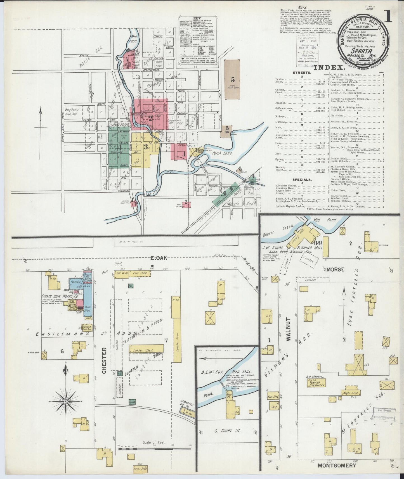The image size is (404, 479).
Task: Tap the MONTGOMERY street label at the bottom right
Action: (337, 466)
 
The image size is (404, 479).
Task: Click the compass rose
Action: (65, 402)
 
